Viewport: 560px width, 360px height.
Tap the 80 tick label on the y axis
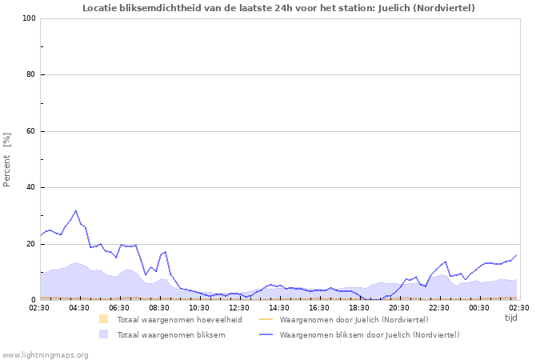pos(31,75)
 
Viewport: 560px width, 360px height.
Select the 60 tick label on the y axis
pos(31,131)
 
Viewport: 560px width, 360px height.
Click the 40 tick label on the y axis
pos(31,188)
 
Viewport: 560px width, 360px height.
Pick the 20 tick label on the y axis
pos(31,244)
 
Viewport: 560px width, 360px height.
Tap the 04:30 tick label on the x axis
pos(79,307)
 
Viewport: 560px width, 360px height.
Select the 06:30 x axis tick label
pos(119,307)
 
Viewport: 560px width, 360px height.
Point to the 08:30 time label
pos(159,307)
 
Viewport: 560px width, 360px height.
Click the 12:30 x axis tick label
pos(239,307)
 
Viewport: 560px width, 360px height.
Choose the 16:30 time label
pos(319,307)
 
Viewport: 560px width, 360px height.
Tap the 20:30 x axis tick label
pos(399,307)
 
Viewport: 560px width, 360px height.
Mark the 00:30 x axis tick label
pos(479,307)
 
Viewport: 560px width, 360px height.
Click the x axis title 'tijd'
pos(511,318)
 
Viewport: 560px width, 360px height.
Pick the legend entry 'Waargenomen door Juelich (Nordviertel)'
pos(354,320)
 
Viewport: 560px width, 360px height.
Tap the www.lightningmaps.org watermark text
pos(45,354)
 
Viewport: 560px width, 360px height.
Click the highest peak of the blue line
pos(76,211)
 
